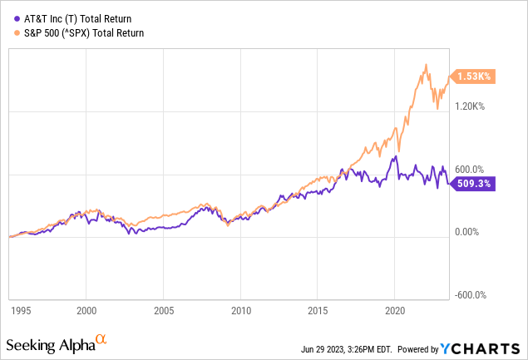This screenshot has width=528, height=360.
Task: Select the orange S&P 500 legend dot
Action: [12, 33]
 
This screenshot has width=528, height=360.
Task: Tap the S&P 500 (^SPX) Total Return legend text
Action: [80, 33]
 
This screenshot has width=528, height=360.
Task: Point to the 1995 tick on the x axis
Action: [21, 309]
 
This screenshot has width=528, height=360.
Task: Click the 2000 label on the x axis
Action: [86, 309]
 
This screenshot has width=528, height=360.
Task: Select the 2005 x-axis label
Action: [163, 309]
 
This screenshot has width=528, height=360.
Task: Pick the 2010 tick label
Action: [240, 309]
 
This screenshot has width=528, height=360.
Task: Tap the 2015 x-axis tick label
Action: [317, 309]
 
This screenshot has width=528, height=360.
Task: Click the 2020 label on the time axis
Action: [394, 309]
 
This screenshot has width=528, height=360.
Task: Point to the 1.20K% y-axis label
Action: [471, 106]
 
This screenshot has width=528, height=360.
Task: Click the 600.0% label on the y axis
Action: [471, 170]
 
